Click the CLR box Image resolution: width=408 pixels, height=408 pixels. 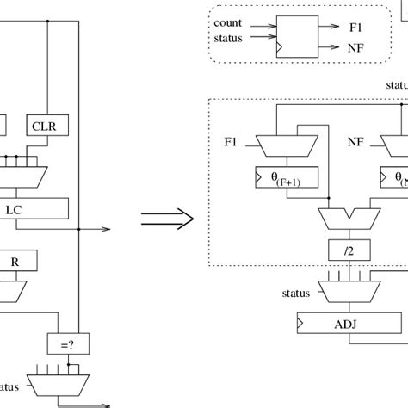(46, 127)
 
